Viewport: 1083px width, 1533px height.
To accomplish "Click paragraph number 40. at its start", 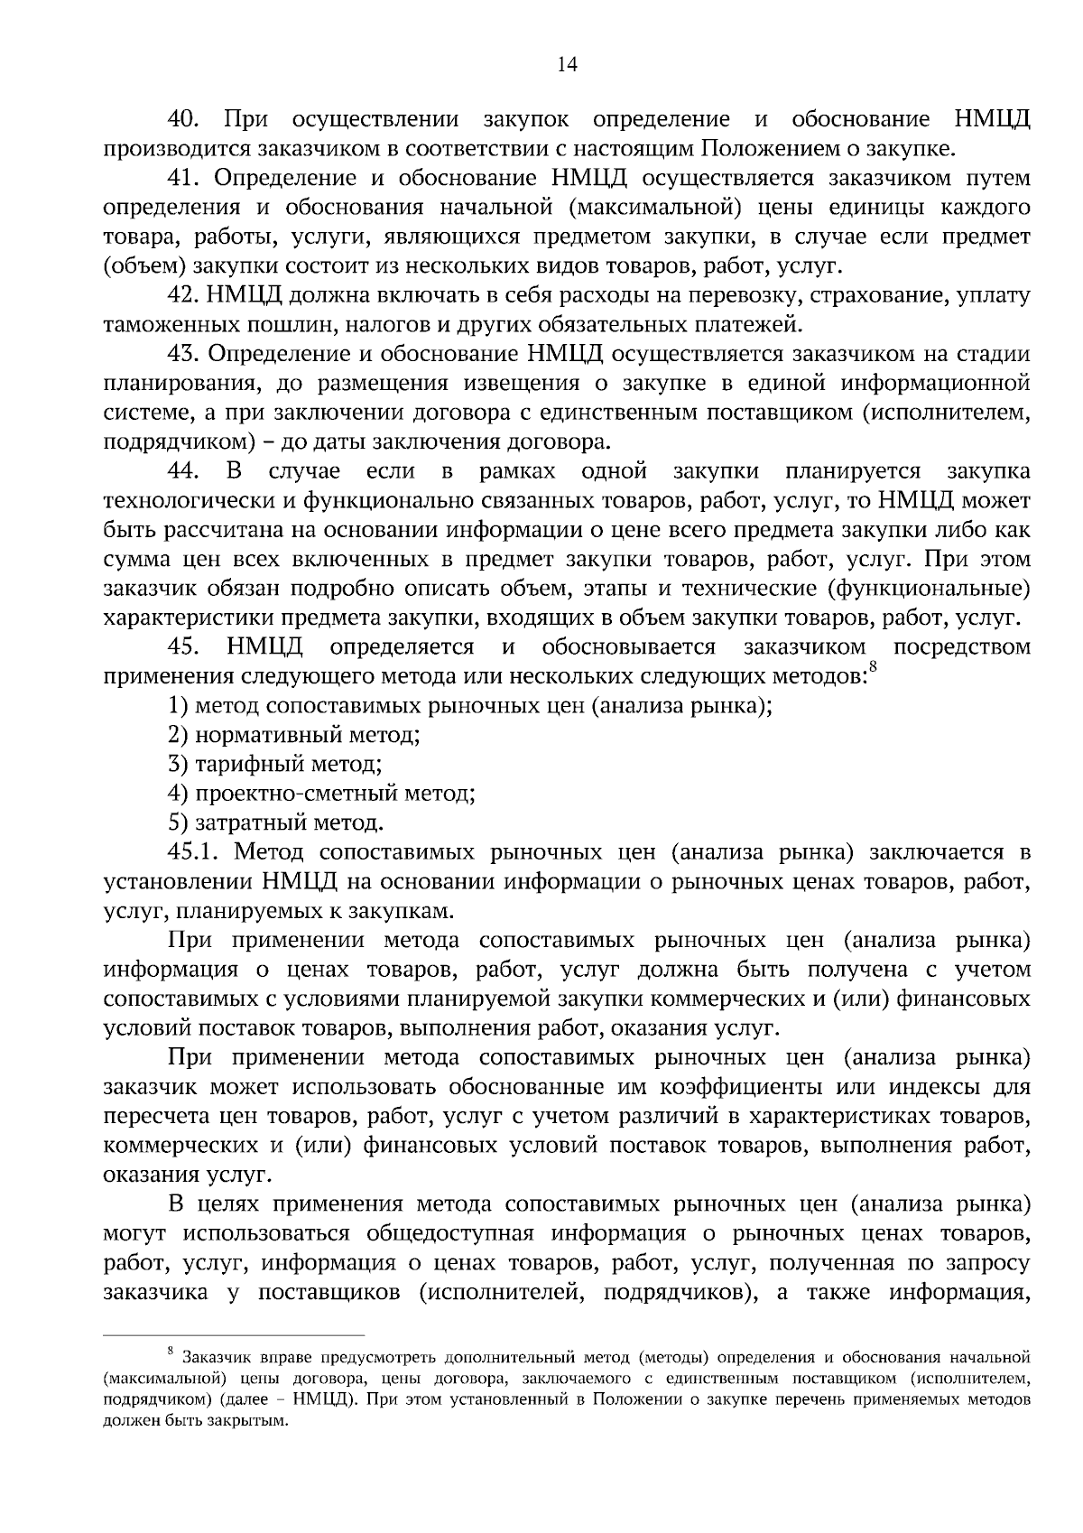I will click(x=189, y=119).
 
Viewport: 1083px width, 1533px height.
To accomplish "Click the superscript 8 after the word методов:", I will click(x=873, y=668).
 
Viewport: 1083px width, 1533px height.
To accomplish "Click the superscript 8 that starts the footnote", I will click(x=171, y=1351).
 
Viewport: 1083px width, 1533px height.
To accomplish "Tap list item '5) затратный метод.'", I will click(x=276, y=823).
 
